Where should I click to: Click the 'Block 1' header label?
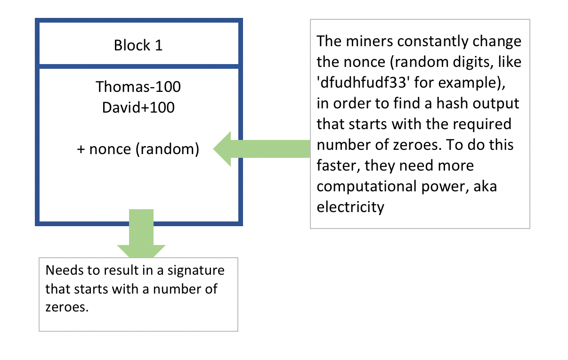(x=138, y=46)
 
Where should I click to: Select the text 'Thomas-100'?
(x=138, y=87)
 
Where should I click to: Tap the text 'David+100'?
(x=138, y=107)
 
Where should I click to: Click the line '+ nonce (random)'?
(x=138, y=149)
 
